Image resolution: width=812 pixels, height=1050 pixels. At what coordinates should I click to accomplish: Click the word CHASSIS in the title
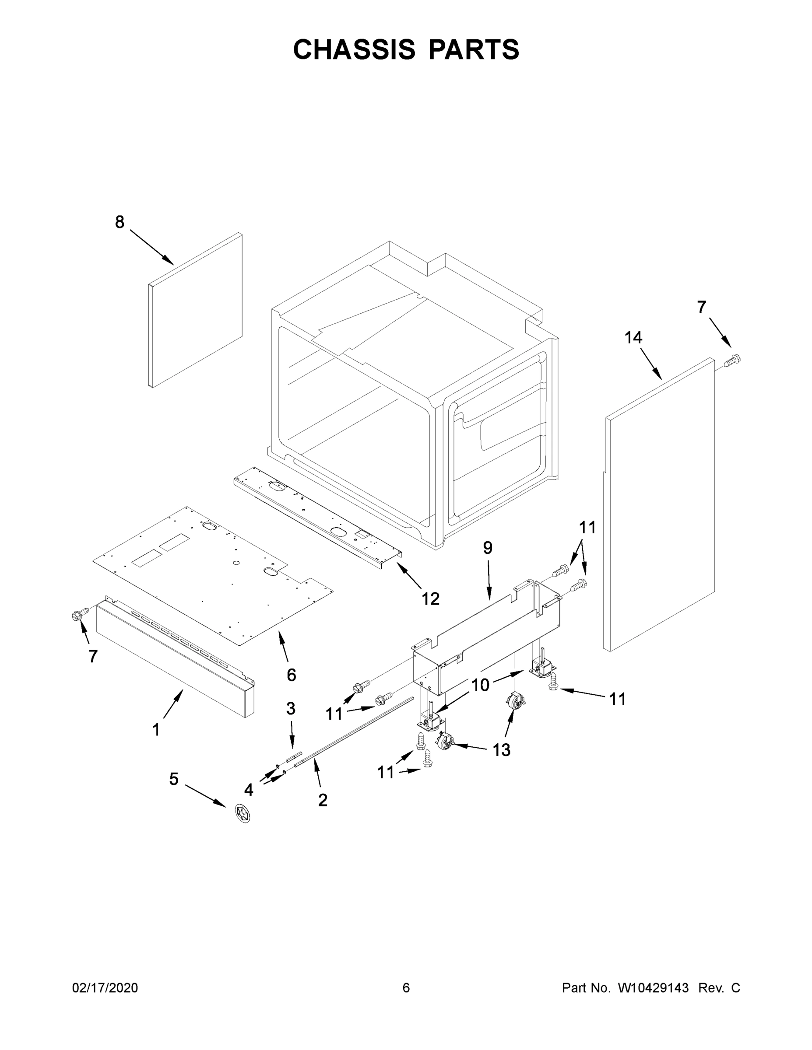(x=354, y=49)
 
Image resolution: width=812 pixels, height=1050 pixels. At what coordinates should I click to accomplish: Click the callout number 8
(x=120, y=222)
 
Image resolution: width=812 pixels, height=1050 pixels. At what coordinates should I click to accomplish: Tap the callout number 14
(x=633, y=337)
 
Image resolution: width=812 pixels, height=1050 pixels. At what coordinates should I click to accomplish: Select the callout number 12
(x=431, y=598)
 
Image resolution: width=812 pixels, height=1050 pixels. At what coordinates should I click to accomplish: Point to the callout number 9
(x=488, y=548)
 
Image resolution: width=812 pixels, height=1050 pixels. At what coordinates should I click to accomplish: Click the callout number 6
(x=291, y=675)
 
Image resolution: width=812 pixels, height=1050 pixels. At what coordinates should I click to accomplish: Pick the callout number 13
(x=501, y=749)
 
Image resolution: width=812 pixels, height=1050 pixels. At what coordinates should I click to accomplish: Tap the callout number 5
(x=174, y=778)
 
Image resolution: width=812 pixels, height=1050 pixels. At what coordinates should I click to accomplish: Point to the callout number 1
(x=156, y=730)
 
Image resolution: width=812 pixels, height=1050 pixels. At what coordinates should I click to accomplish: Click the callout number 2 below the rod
(x=323, y=800)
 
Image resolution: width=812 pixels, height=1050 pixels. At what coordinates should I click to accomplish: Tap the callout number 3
(x=291, y=708)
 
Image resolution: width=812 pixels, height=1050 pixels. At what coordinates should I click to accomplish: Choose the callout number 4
(x=248, y=789)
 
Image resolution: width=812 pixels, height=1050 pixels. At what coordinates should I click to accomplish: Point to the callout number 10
(x=480, y=685)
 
